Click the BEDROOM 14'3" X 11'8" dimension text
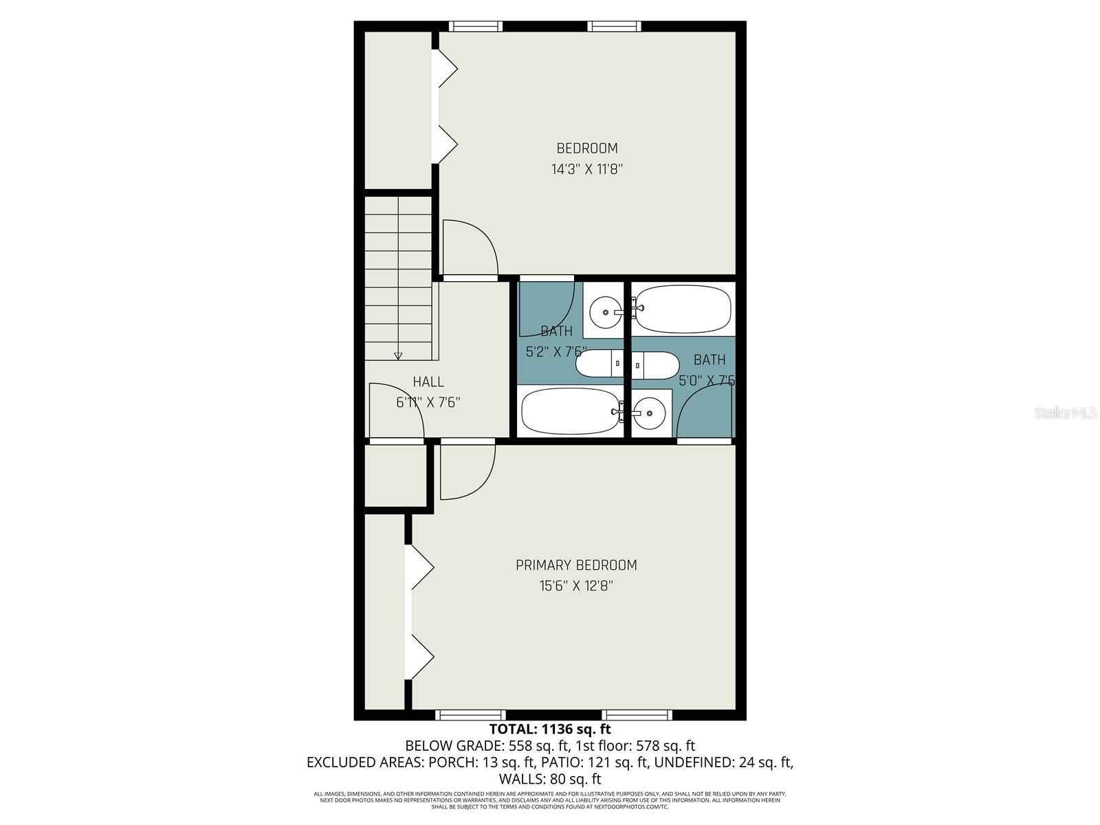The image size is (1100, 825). (586, 169)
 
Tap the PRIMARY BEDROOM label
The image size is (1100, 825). (576, 565)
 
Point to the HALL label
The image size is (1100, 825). (428, 382)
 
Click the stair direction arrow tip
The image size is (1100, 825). (398, 357)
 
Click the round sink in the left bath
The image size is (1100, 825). (606, 312)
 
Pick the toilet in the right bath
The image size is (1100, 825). (655, 364)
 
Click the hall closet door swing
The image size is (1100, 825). (395, 411)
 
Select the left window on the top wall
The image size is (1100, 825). (476, 27)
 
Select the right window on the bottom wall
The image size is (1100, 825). (637, 715)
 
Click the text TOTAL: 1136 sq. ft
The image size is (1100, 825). (549, 729)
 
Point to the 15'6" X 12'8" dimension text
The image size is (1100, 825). (576, 586)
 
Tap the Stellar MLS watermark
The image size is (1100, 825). (1066, 412)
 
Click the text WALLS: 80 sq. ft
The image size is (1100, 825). (549, 779)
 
